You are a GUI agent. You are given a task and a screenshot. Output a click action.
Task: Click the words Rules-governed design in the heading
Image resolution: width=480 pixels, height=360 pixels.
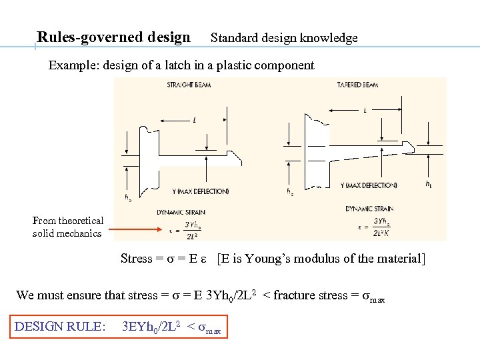click(113, 37)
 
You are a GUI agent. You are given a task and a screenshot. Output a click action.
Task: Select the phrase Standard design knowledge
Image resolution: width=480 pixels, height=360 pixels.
click(284, 38)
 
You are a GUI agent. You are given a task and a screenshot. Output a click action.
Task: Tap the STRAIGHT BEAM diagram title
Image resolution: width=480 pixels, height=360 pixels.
click(189, 85)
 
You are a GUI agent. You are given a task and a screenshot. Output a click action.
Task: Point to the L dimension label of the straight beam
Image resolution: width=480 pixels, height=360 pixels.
click(194, 121)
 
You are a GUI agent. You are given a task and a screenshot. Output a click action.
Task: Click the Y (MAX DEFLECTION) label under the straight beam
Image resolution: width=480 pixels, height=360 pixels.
click(200, 191)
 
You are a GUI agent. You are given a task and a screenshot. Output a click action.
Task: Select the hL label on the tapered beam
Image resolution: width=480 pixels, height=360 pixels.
click(430, 184)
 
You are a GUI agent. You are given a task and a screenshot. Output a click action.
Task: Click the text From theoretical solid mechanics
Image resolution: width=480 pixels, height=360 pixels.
click(67, 227)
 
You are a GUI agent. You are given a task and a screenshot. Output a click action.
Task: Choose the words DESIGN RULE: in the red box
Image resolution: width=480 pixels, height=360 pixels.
click(59, 327)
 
